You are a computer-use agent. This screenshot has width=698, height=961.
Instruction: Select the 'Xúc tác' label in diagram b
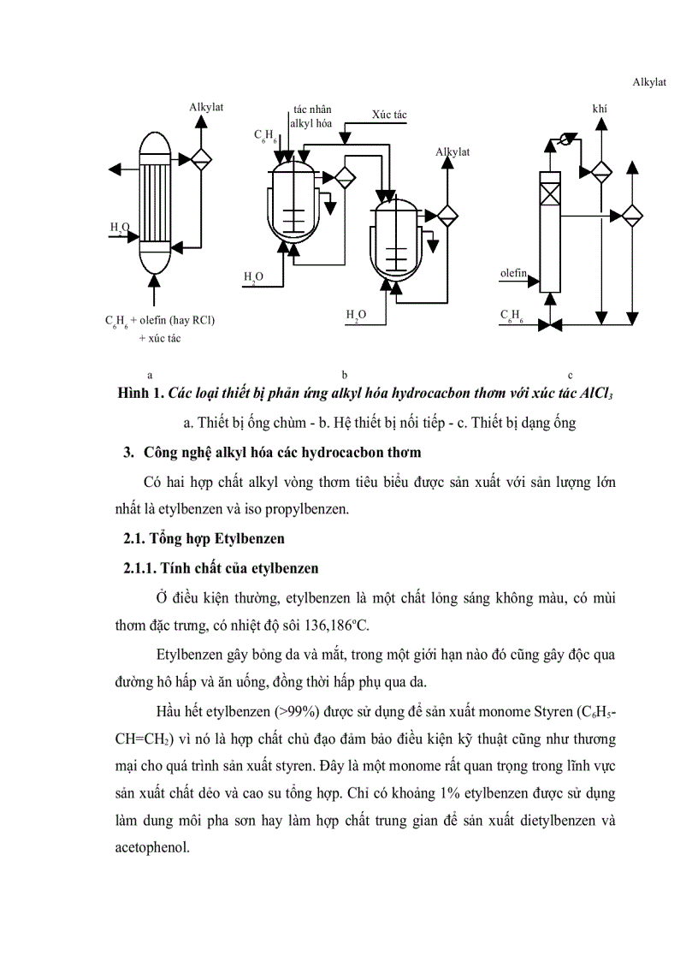coord(389,115)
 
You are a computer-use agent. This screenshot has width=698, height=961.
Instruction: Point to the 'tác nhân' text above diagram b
coord(312,110)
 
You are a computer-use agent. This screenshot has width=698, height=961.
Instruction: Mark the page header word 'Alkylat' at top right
coord(649,82)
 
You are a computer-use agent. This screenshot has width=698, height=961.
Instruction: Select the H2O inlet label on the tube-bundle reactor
coord(118,228)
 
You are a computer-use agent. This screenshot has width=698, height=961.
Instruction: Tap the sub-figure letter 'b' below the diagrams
coord(344,375)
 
